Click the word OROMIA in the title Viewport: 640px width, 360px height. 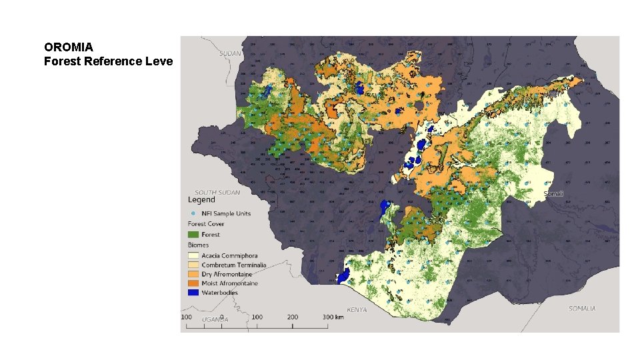coord(69,47)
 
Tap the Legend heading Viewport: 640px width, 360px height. coord(201,199)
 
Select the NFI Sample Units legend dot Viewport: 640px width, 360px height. coord(193,213)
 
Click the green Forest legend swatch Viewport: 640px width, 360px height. coord(193,235)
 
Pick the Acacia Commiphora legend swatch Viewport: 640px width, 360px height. coord(193,256)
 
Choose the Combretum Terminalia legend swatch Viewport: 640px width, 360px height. coord(193,265)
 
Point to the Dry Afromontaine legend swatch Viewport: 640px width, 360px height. coord(193,274)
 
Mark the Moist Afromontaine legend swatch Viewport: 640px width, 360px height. coord(193,283)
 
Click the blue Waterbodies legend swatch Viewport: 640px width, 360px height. coord(193,293)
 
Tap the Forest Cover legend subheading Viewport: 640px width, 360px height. coord(206,224)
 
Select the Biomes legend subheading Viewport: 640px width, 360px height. coord(199,245)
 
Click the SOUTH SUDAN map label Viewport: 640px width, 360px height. coord(217,193)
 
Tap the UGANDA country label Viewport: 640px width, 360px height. coord(215,319)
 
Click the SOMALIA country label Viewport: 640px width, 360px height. coord(581,309)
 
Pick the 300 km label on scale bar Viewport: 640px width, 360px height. coord(333,317)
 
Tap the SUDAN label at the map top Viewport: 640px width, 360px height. coord(230,53)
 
